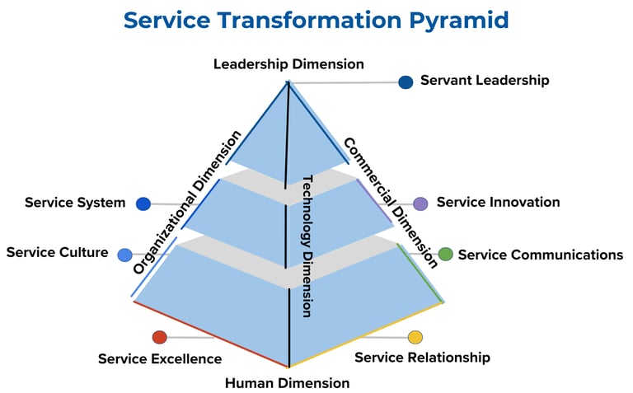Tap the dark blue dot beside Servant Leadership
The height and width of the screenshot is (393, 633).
(406, 82)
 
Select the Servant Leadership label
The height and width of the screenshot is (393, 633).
(485, 81)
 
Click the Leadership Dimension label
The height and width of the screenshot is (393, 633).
(288, 63)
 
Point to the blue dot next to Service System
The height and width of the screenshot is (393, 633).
(143, 204)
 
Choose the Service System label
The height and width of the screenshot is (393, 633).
(75, 203)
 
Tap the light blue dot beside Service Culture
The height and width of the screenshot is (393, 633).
(124, 255)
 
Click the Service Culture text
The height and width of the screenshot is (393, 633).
(57, 252)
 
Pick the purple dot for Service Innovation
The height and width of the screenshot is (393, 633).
(420, 204)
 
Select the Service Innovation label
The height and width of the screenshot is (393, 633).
(498, 202)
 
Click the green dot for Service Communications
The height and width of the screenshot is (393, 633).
(445, 255)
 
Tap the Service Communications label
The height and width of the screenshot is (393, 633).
(541, 255)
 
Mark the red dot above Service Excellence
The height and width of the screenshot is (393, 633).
(160, 336)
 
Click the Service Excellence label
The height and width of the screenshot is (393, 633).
(160, 358)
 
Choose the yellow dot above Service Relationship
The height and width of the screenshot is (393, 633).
(415, 337)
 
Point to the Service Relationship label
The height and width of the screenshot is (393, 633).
(422, 358)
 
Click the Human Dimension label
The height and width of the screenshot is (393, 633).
(287, 383)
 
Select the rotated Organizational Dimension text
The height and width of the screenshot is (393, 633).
(187, 203)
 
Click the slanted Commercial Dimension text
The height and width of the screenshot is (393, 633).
(390, 203)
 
